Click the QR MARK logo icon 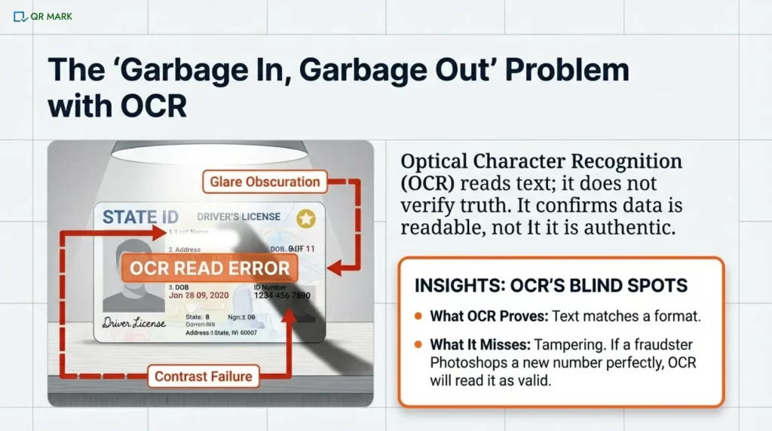(x=20, y=16)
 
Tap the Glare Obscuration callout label (x=264, y=182)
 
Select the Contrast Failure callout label (x=204, y=376)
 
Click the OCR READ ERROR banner (x=210, y=268)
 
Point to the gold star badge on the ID (x=306, y=219)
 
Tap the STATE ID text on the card (x=141, y=218)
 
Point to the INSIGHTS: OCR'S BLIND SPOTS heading (x=551, y=286)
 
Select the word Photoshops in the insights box (x=464, y=363)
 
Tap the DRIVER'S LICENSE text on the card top (x=238, y=217)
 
